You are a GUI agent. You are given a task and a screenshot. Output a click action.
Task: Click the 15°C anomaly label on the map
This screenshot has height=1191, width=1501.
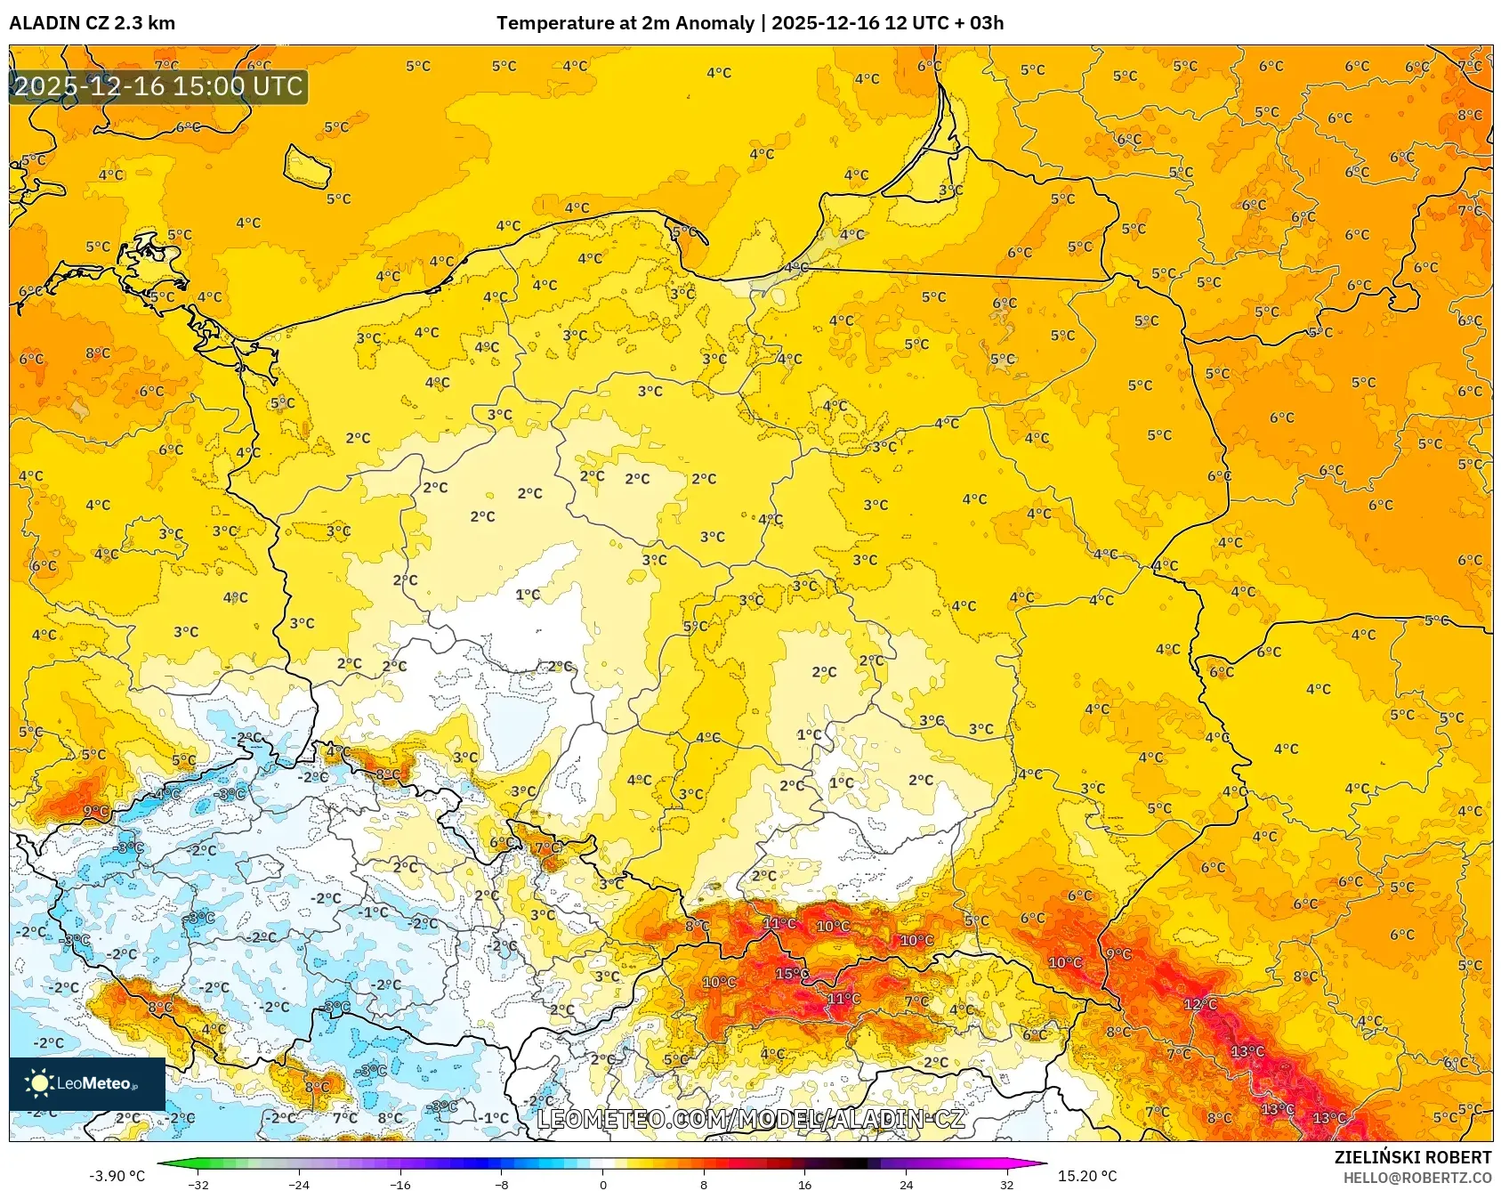(787, 973)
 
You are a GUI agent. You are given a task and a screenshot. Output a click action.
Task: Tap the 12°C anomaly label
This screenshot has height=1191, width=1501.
(1198, 1004)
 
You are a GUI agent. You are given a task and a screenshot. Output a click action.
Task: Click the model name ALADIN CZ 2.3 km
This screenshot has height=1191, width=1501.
(92, 23)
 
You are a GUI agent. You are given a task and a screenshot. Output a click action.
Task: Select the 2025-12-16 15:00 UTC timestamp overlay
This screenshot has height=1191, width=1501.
(158, 86)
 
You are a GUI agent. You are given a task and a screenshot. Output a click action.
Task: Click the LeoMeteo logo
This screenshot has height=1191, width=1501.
(86, 1083)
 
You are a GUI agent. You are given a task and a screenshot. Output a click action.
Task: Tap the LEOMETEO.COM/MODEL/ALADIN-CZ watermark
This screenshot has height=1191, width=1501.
(751, 1119)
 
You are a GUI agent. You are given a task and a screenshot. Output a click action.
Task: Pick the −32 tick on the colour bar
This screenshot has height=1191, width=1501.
(198, 1184)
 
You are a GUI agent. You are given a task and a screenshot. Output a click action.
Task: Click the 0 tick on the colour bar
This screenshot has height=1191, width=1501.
(602, 1184)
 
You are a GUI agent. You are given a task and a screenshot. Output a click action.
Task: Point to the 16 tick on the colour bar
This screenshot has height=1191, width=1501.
(804, 1184)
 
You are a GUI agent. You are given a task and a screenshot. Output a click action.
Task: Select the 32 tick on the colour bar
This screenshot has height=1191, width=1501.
(1006, 1184)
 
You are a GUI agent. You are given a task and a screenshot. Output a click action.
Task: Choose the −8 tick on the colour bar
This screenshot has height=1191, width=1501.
(501, 1184)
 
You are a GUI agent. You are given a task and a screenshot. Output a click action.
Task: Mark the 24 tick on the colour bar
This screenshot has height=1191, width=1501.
(906, 1184)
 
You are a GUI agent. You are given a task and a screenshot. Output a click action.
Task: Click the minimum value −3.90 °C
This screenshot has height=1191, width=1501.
(117, 1176)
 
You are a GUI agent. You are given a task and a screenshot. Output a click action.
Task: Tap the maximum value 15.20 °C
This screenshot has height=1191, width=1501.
(1087, 1176)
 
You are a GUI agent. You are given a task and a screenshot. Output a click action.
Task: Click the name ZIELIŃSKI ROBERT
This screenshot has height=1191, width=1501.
(1412, 1157)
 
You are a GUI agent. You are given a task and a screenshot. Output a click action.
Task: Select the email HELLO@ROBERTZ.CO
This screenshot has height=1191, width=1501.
(1416, 1178)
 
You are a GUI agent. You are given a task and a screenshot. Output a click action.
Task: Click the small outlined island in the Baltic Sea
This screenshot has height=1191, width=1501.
(308, 166)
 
